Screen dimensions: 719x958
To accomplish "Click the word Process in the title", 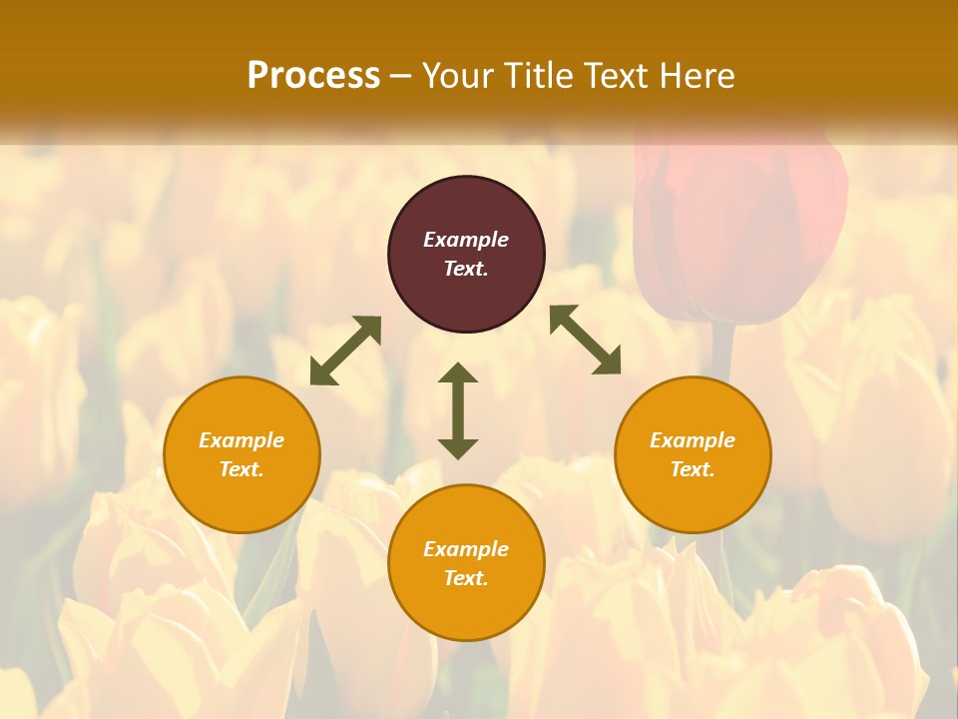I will (313, 76).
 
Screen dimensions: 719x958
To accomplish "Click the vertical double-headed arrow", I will (458, 410).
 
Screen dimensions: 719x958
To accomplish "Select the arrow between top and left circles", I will (345, 351).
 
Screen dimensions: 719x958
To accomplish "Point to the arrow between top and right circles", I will (585, 340).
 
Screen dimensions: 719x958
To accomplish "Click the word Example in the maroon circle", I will (466, 240).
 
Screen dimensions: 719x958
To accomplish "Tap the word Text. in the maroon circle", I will (466, 269).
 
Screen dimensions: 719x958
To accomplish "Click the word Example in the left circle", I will (241, 440).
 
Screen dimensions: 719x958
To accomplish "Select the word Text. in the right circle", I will (693, 469).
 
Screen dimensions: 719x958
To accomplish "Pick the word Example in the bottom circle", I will (466, 549).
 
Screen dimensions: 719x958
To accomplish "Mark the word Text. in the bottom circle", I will (466, 578).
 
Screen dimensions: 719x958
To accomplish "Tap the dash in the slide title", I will (400, 76).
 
